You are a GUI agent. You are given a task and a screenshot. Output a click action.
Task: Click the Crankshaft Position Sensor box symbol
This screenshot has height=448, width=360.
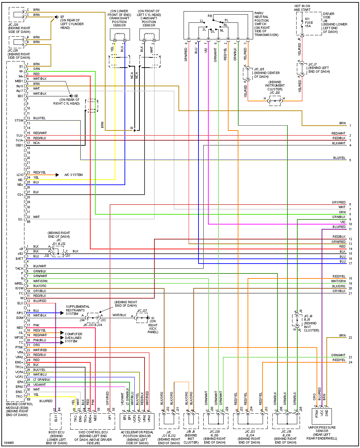click(119, 35)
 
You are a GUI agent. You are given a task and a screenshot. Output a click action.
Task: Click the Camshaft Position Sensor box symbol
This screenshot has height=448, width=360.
click(149, 35)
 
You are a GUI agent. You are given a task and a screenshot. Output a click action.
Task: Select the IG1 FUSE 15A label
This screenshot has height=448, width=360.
click(308, 23)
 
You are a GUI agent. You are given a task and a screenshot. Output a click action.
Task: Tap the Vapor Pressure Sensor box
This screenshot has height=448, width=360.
click(322, 416)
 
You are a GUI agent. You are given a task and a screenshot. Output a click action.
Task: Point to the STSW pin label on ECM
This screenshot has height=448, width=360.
click(19, 121)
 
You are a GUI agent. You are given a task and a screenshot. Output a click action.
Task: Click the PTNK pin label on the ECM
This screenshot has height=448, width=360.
click(19, 347)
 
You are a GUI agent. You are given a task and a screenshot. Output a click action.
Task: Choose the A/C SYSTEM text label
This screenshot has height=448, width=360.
click(74, 175)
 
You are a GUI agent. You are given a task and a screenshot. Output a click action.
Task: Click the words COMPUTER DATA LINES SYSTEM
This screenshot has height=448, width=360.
click(73, 338)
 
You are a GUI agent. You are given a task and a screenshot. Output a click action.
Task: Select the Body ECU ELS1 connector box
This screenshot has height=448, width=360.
click(56, 421)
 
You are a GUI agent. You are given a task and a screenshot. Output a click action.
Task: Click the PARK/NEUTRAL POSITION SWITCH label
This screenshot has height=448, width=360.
click(266, 24)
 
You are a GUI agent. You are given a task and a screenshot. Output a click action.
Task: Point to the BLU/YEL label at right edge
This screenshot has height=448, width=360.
click(339, 158)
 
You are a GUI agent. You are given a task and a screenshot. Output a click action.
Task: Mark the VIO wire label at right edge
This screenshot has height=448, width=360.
click(343, 222)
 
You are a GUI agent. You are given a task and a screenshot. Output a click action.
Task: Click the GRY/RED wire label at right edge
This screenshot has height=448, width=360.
click(339, 202)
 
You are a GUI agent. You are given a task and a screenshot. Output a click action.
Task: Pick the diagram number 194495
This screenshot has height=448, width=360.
click(9, 443)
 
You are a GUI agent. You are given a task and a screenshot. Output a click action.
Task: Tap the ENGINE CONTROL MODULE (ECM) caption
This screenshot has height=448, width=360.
click(20, 409)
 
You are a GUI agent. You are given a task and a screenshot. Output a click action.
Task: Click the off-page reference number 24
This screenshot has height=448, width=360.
click(350, 362)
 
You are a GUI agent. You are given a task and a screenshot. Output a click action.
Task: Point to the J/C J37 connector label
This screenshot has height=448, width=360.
click(142, 311)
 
